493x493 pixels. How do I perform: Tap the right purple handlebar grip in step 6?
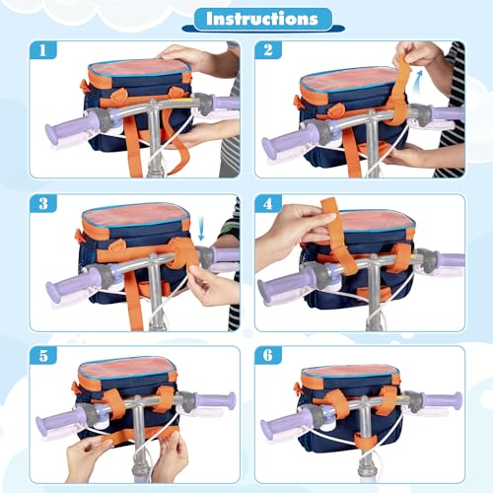click(x=440, y=401)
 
